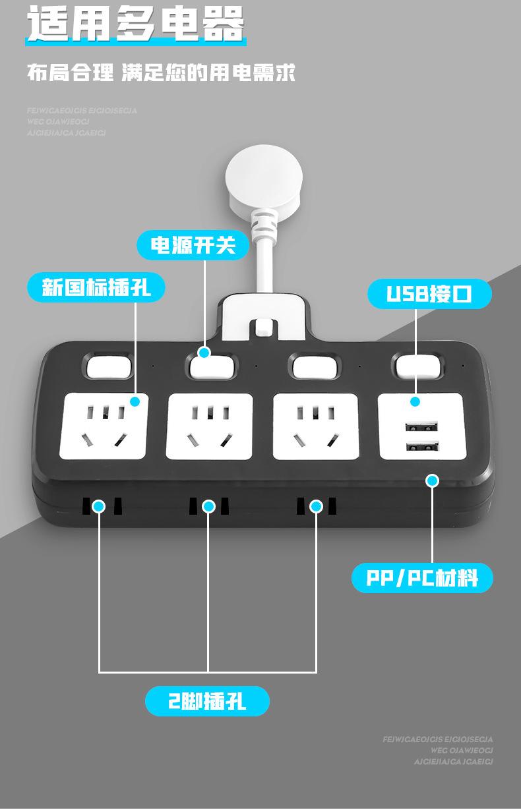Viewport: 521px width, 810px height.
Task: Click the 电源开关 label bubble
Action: [193, 245]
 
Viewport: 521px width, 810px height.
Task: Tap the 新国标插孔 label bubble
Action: [96, 288]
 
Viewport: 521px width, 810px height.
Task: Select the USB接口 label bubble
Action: [429, 293]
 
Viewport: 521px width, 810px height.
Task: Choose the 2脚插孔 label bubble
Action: [207, 701]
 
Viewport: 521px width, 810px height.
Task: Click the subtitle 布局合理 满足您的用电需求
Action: [161, 72]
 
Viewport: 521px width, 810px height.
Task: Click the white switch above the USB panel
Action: [417, 366]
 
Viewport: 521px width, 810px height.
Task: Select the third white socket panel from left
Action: [315, 426]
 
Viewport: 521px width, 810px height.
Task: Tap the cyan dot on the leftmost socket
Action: [135, 401]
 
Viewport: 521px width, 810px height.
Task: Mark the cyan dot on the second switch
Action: [204, 353]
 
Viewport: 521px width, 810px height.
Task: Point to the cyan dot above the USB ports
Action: [415, 401]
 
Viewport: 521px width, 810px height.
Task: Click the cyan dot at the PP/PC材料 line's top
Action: [433, 480]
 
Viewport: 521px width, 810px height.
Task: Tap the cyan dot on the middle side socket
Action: [208, 506]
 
